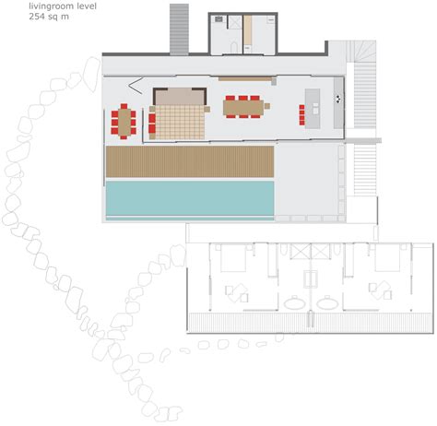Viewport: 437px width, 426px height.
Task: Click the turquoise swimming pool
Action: click(x=190, y=198)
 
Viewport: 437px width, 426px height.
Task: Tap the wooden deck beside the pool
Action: click(x=190, y=161)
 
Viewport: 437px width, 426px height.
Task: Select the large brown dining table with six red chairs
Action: click(x=243, y=107)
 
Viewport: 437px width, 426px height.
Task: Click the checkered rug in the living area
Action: click(x=177, y=121)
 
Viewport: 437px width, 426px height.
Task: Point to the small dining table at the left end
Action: click(x=124, y=121)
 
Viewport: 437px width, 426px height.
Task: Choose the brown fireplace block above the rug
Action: click(x=179, y=96)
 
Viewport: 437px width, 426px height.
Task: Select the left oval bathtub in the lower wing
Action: click(x=295, y=302)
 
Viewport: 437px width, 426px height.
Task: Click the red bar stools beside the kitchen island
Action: click(x=301, y=113)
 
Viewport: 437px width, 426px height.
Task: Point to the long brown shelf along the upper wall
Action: click(x=246, y=79)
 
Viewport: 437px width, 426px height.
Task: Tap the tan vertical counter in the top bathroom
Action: click(x=247, y=35)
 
